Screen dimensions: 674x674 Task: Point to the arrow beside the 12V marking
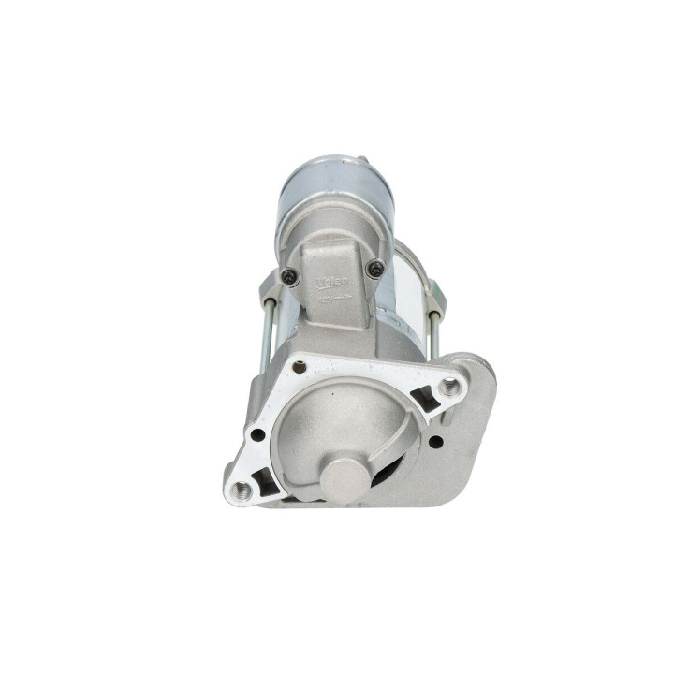point(343,297)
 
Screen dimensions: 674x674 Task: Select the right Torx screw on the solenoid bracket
point(376,269)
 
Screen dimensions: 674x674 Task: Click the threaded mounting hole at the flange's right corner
point(451,386)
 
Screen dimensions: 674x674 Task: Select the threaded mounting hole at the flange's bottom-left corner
point(242,489)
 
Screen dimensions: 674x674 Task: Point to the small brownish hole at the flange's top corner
point(300,367)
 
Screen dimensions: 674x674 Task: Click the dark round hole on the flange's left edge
point(256,434)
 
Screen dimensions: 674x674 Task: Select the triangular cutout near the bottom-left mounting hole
point(267,481)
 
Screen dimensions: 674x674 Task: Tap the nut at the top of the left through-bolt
point(269,284)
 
